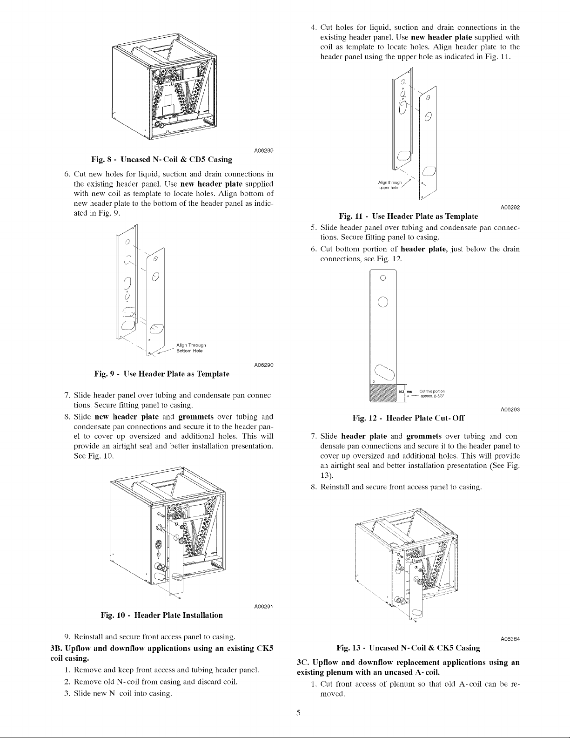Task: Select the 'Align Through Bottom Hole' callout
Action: click(191, 348)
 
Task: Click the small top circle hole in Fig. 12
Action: click(382, 278)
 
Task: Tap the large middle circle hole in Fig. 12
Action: click(382, 301)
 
